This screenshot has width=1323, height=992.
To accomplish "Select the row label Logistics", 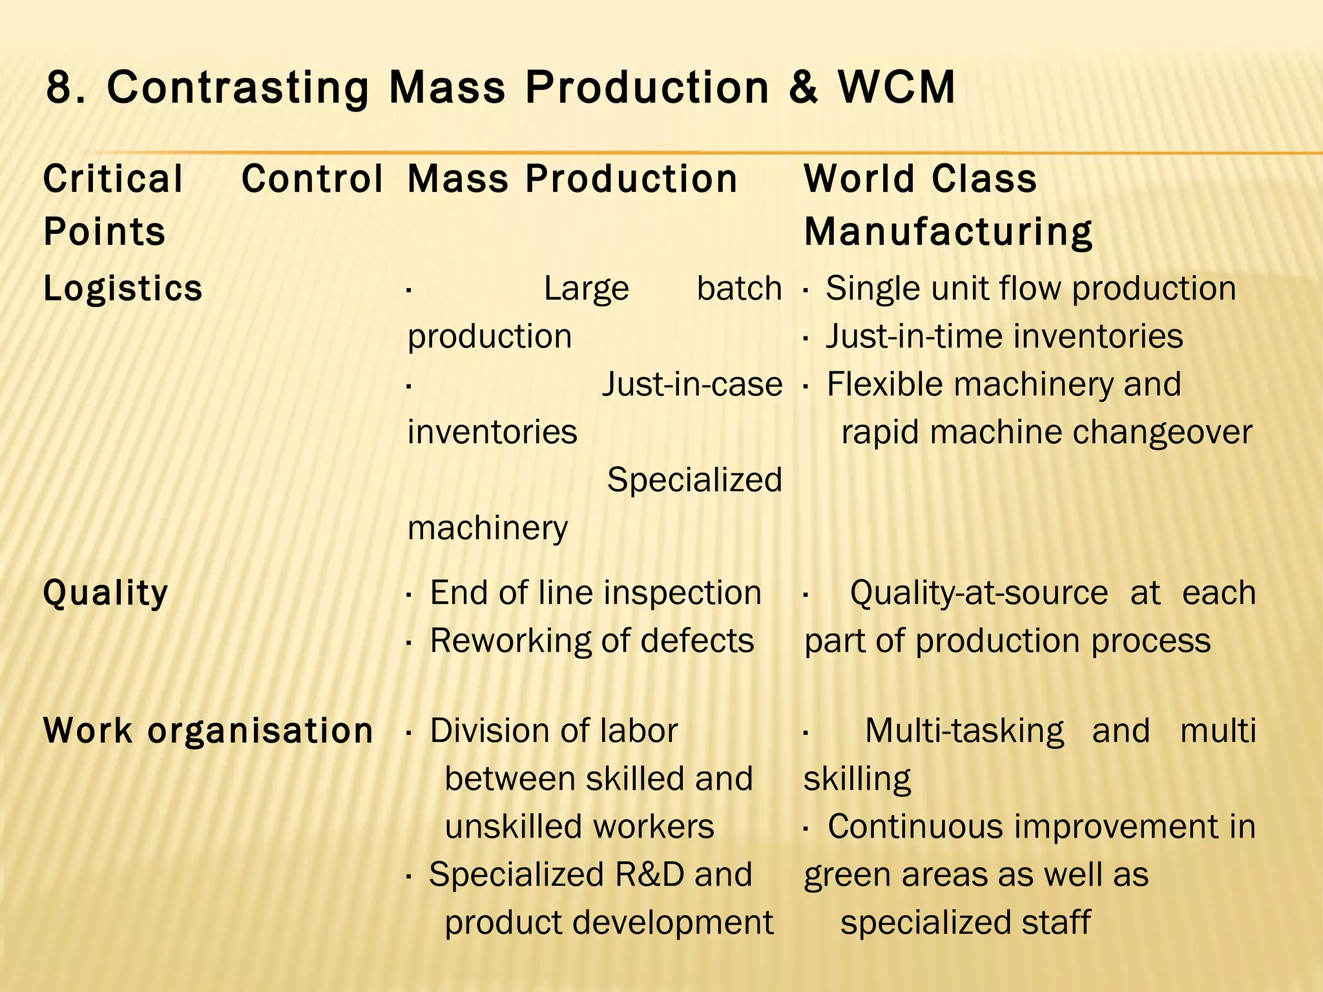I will coord(123,288).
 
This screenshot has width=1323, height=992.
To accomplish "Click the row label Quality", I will coord(105,593).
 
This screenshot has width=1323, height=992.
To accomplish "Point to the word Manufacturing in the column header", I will coord(948,232).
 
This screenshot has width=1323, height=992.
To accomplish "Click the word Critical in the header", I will coord(113,179).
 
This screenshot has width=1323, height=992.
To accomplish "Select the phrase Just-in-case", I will coord(692,384).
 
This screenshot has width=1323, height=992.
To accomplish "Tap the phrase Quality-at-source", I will coord(979,593).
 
